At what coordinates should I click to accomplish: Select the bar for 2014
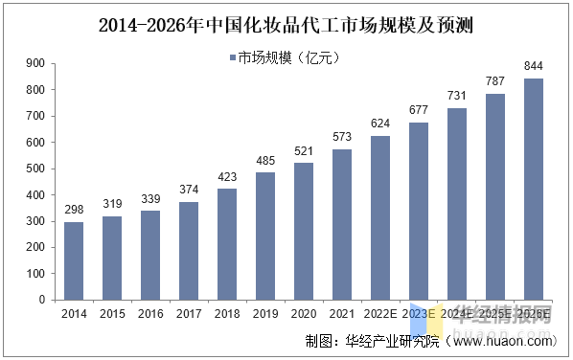click(x=74, y=260)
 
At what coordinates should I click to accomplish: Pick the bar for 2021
click(x=342, y=224)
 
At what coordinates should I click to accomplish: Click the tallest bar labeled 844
click(x=534, y=189)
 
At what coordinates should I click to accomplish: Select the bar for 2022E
click(x=380, y=217)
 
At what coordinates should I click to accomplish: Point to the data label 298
click(x=74, y=210)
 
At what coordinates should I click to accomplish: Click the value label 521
click(x=304, y=151)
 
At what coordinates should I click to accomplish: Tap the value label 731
click(x=457, y=96)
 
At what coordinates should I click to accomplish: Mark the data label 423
click(x=227, y=177)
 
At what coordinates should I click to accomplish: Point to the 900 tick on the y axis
click(x=35, y=64)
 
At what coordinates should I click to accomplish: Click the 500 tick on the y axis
click(x=35, y=169)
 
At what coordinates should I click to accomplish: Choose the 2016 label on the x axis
click(x=150, y=313)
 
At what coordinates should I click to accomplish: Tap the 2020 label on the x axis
click(x=304, y=313)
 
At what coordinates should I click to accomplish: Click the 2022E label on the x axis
click(x=380, y=313)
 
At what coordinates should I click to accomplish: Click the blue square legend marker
click(x=232, y=59)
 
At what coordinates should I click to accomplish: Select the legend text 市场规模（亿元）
click(x=288, y=59)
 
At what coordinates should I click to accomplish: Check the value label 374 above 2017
click(x=189, y=190)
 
